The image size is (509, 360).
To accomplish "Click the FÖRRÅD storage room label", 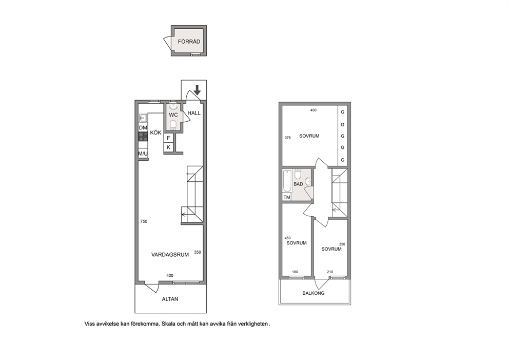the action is [189, 42].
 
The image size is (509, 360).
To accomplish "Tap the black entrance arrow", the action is [197, 90].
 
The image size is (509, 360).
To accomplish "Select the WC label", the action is [173, 115].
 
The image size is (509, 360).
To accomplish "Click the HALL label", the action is [194, 113].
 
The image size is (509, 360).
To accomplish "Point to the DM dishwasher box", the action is [143, 128].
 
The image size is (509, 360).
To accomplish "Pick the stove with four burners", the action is [143, 137].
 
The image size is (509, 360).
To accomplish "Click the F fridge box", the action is [168, 138].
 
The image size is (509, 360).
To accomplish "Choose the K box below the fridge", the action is [168, 147].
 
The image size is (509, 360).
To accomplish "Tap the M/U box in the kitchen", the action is [143, 154].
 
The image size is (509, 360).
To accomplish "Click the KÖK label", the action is [156, 132].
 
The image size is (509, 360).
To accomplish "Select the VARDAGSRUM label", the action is [170, 255].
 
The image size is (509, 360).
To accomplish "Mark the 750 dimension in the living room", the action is [144, 221].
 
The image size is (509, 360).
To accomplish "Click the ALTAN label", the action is [170, 299].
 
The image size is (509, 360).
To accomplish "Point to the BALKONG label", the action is [314, 293].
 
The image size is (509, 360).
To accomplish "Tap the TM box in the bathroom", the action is [287, 197].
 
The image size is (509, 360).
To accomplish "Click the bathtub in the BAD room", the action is [287, 181].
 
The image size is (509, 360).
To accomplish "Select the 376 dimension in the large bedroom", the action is [288, 138].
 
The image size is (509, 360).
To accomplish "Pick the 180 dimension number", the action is [295, 272].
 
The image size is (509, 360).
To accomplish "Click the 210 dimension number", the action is [330, 272].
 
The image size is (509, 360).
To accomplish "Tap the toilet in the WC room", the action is [173, 125].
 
